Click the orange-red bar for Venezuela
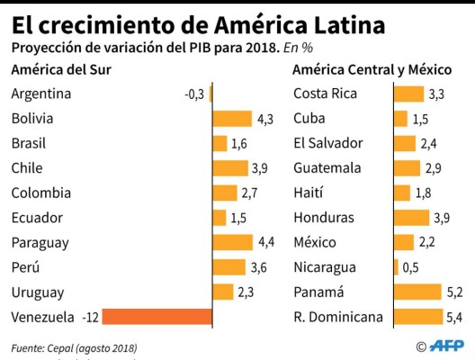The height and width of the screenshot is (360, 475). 158,317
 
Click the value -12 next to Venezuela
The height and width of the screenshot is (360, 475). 89,317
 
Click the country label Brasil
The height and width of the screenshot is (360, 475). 29,144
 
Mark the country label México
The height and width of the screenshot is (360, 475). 315,242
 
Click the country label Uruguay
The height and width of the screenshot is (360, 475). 38,292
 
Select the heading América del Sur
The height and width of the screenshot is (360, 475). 60,69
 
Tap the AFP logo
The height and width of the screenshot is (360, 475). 444,346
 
